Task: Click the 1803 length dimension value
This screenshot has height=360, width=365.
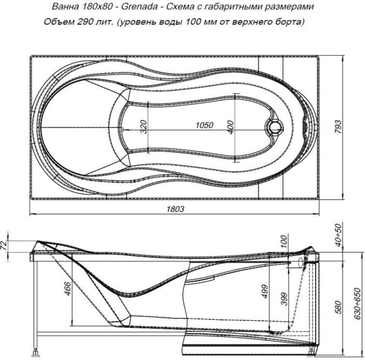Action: [x=176, y=209]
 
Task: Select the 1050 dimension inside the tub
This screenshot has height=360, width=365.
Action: [x=205, y=125]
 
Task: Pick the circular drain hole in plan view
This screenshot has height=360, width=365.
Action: [x=274, y=127]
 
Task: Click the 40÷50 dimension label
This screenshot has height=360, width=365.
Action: [x=339, y=234]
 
